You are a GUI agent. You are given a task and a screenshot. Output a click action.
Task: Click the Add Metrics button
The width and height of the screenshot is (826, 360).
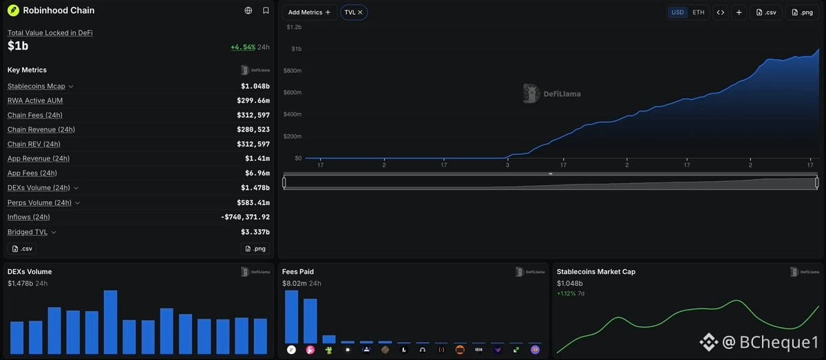[309, 12]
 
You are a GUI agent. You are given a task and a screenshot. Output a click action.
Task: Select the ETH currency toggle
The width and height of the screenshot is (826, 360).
[698, 12]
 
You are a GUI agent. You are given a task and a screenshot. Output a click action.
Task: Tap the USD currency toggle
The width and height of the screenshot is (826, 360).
[677, 12]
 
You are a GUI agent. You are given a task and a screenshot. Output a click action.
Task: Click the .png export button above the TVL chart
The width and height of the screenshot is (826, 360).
[803, 12]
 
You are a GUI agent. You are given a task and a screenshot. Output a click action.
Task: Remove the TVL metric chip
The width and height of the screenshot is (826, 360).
[360, 12]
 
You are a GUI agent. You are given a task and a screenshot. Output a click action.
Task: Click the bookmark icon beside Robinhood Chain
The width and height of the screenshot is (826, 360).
[266, 10]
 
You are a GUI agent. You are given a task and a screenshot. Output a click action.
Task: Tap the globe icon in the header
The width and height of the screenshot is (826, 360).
[248, 10]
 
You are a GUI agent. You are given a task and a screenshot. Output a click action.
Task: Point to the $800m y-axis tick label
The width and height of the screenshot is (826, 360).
[293, 70]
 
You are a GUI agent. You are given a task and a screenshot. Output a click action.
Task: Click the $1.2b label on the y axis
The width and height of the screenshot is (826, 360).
[294, 27]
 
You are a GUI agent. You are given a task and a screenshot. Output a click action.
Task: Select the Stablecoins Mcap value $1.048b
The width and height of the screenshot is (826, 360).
[255, 86]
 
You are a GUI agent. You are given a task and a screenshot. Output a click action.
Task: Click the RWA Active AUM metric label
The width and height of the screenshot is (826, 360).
[35, 100]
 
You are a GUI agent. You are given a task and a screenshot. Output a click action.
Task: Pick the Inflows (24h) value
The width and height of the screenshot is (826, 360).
[245, 217]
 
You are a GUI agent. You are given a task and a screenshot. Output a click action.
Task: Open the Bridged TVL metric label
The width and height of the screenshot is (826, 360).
[28, 232]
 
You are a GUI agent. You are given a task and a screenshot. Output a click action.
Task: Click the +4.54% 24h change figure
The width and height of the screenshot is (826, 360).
[243, 47]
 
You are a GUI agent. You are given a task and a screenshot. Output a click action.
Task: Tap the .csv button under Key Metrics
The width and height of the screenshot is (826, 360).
[22, 248]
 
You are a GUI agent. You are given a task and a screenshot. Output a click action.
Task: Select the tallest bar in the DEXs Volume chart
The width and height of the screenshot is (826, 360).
[111, 322]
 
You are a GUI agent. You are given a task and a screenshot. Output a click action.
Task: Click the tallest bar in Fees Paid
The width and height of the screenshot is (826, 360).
[291, 317]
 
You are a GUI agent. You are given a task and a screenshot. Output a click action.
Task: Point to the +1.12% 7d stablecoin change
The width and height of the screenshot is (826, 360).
[571, 294]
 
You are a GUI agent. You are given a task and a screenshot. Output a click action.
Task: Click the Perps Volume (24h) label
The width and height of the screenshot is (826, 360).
[39, 202]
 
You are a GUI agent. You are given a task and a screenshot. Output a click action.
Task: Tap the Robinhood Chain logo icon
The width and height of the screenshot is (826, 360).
[13, 10]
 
